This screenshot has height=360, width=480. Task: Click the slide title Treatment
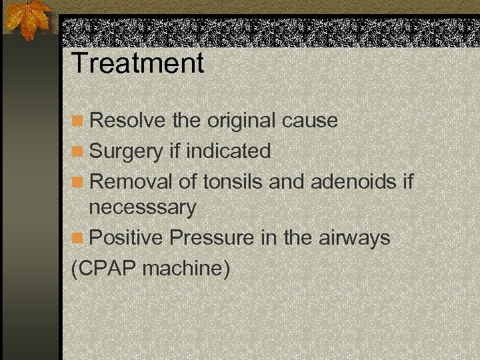pos(137,63)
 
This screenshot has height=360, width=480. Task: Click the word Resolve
pos(127,121)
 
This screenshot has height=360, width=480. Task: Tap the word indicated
pos(229,151)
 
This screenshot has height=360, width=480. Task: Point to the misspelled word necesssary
pos(143,208)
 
